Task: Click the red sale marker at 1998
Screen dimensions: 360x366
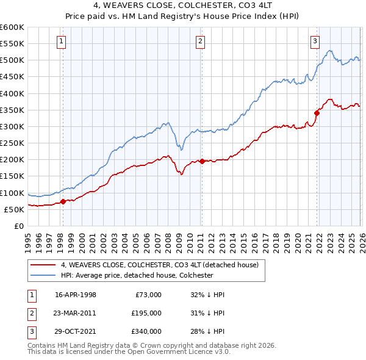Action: [x=63, y=201]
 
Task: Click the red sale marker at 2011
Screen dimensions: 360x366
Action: [x=202, y=161]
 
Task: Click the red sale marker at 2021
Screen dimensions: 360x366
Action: [x=317, y=112]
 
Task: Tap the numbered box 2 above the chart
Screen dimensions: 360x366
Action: [x=201, y=41]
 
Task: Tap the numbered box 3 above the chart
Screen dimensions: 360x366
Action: [x=315, y=41]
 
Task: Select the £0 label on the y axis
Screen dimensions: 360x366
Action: [x=18, y=226]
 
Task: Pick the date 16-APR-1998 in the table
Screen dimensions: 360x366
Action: [x=75, y=294]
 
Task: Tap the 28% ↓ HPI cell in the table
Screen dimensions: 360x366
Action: [x=207, y=331]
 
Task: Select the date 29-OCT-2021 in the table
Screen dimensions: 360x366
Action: [x=75, y=331]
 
